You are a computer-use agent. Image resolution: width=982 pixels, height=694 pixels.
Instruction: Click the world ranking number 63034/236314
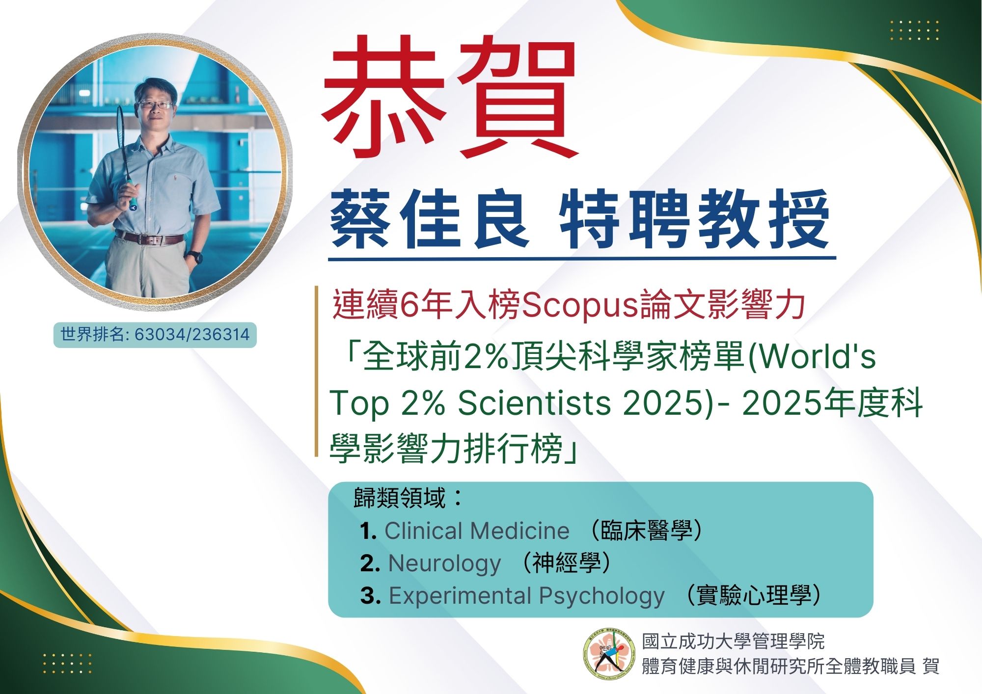[x=192, y=335]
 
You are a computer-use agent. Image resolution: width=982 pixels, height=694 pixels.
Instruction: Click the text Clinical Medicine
[x=477, y=531]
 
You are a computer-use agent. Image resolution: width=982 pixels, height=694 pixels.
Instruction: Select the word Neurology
[x=445, y=563]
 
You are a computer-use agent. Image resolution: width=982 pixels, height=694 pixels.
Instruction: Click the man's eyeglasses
[x=155, y=105]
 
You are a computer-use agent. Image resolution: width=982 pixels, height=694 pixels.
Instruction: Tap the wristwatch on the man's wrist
[x=195, y=257]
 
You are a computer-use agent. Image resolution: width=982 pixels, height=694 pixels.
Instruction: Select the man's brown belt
[x=149, y=238]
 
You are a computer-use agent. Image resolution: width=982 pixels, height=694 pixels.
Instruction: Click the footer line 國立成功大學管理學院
[x=734, y=641]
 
